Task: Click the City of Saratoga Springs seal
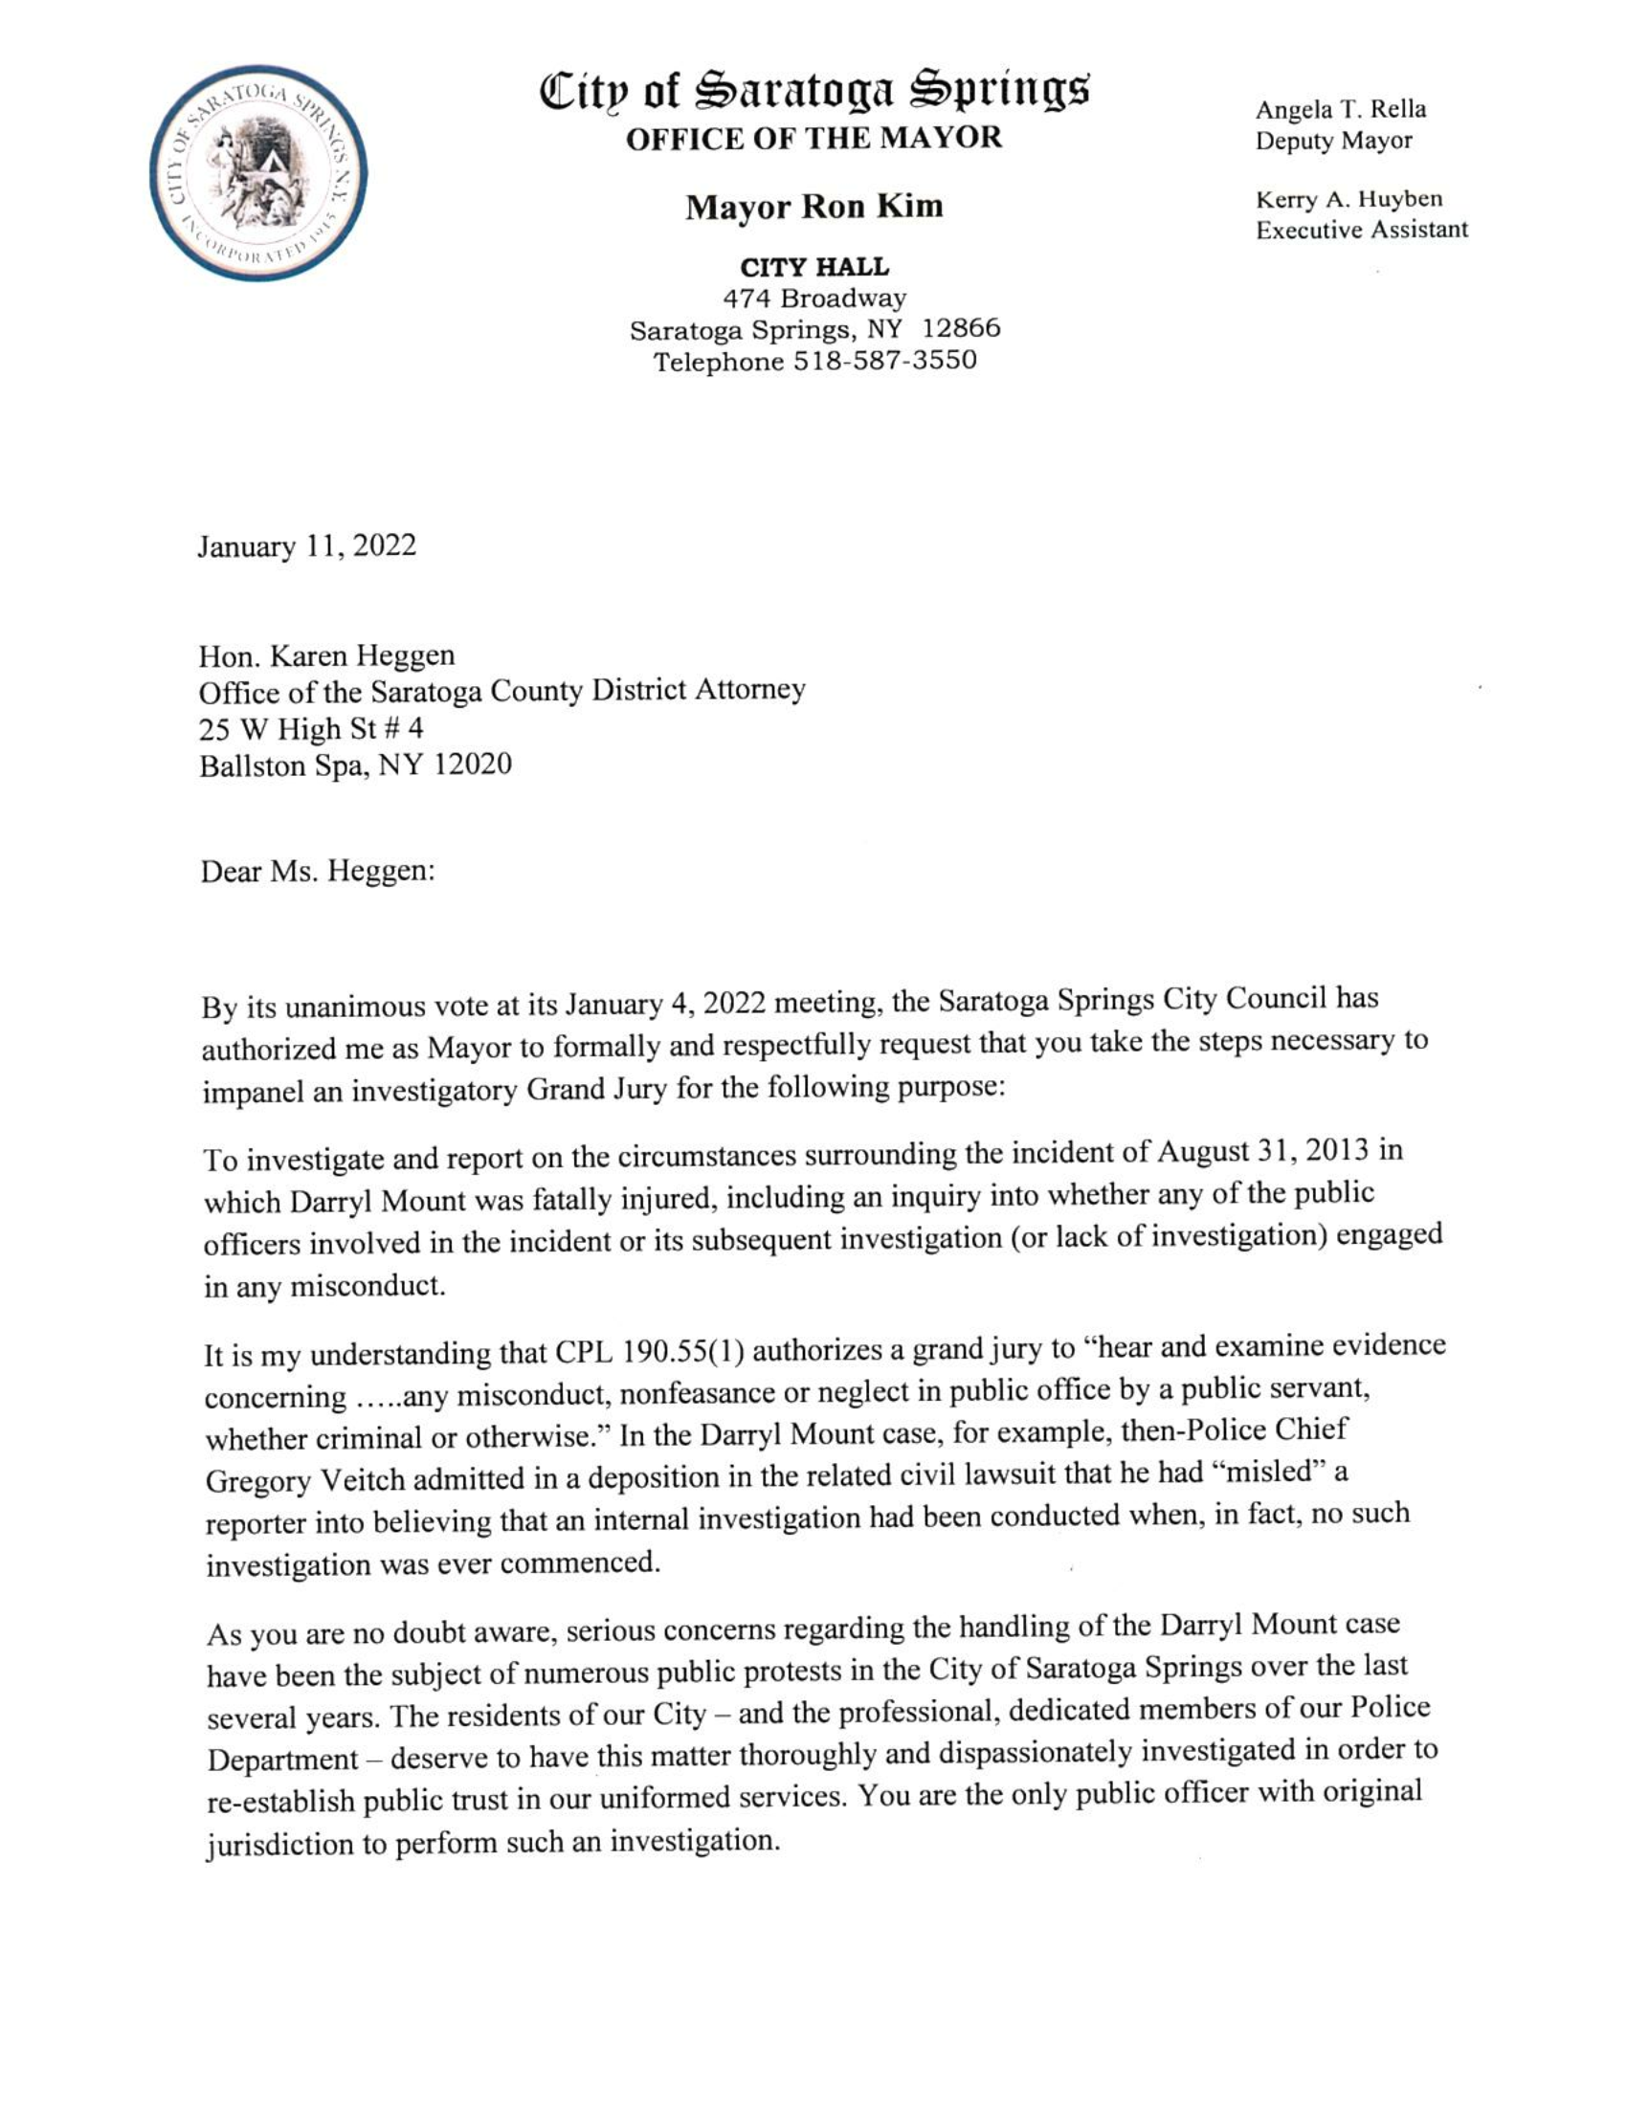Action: click(258, 173)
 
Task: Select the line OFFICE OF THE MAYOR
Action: click(814, 138)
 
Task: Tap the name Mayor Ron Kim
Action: click(814, 207)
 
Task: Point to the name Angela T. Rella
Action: click(1340, 109)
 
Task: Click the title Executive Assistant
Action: click(1361, 231)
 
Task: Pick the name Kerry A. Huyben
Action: click(1348, 200)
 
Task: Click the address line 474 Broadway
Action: click(814, 298)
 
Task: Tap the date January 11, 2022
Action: click(307, 545)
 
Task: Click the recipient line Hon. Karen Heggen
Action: click(326, 655)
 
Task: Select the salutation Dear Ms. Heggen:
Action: click(318, 872)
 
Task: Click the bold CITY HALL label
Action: click(814, 267)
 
